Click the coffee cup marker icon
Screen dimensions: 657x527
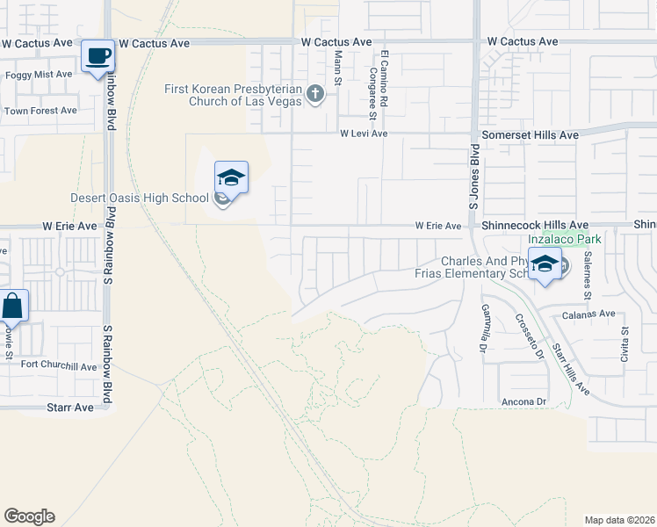coord(97,56)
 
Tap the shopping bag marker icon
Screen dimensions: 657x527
coord(13,307)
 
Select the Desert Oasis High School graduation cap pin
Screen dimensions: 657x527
coord(231,178)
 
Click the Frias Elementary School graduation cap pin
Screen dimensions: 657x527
coord(545,263)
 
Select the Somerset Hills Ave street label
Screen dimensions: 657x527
coord(531,135)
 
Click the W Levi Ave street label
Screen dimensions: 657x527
coord(364,134)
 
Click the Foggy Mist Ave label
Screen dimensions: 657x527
coord(39,75)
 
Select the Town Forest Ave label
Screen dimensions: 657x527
coord(40,111)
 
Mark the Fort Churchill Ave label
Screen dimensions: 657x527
coord(59,365)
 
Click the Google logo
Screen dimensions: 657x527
coord(29,516)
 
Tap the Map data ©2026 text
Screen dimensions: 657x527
coord(618,519)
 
